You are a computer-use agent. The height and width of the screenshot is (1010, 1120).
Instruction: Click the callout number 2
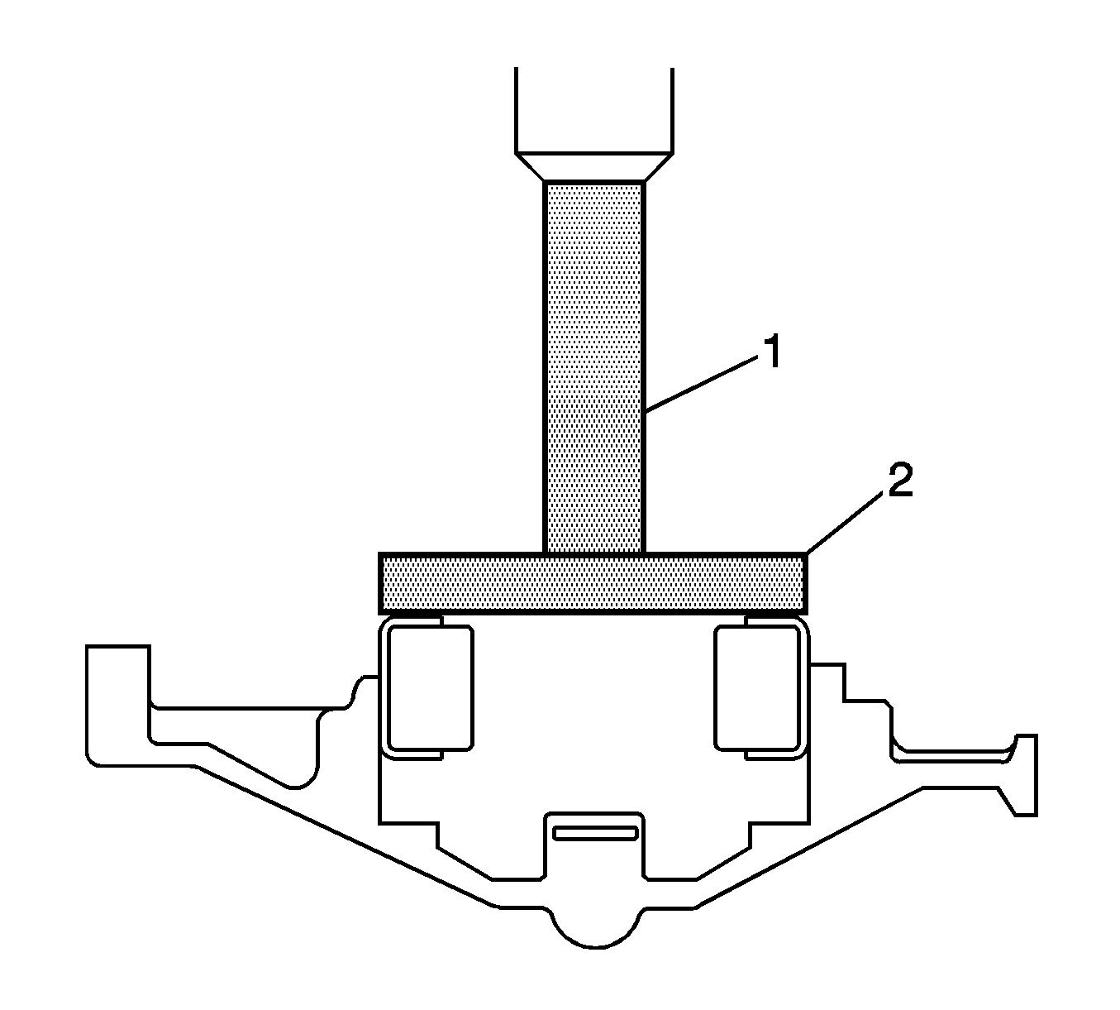pyautogui.click(x=898, y=481)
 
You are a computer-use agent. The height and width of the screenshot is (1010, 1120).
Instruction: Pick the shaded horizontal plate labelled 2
pyautogui.click(x=592, y=583)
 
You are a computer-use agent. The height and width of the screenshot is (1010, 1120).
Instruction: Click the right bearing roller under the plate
pyautogui.click(x=757, y=687)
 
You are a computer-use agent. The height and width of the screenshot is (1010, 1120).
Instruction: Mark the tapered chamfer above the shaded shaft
pyautogui.click(x=593, y=166)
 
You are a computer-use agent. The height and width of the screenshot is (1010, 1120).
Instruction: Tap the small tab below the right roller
pyautogui.click(x=770, y=754)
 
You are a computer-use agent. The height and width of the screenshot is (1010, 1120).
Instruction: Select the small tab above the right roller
pyautogui.click(x=770, y=619)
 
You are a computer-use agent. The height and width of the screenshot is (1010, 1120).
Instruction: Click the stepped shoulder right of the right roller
pyautogui.click(x=864, y=703)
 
